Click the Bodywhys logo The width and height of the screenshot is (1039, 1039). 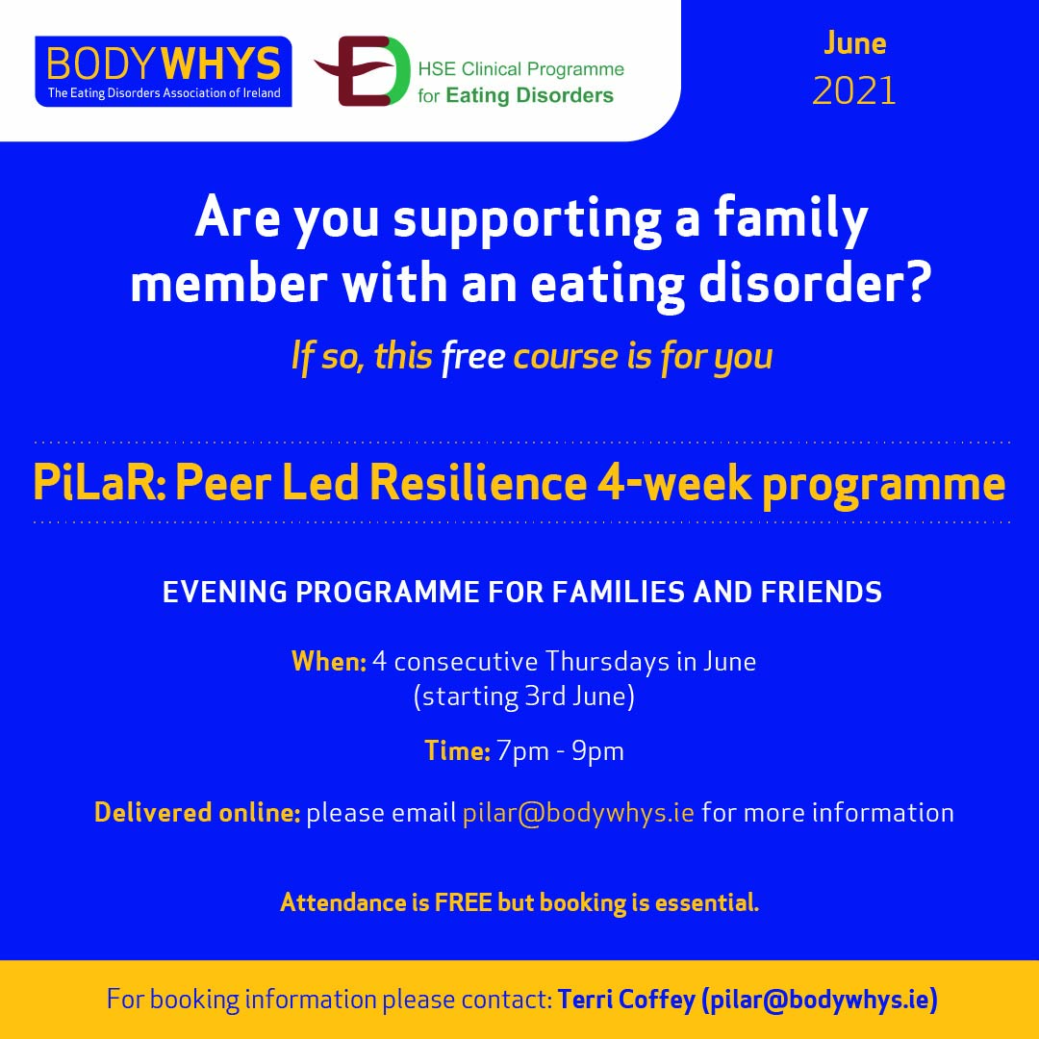coord(163,71)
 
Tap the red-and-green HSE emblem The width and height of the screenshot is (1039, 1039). coord(363,71)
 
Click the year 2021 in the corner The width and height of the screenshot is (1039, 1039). coord(854,90)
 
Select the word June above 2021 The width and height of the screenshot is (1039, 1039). coord(855,43)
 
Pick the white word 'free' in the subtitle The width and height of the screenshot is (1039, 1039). coord(473,357)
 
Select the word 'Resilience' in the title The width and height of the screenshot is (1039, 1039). coord(478,482)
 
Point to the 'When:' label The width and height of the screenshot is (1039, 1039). coord(329,661)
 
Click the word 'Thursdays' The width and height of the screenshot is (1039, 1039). coord(607,661)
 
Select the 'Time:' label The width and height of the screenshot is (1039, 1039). coord(457,750)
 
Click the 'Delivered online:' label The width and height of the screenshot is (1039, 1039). coord(197,812)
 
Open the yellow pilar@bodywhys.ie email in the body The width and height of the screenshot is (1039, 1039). coord(578,813)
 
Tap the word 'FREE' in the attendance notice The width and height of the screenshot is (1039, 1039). coord(463,901)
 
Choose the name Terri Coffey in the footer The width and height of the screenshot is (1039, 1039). coord(626,999)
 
